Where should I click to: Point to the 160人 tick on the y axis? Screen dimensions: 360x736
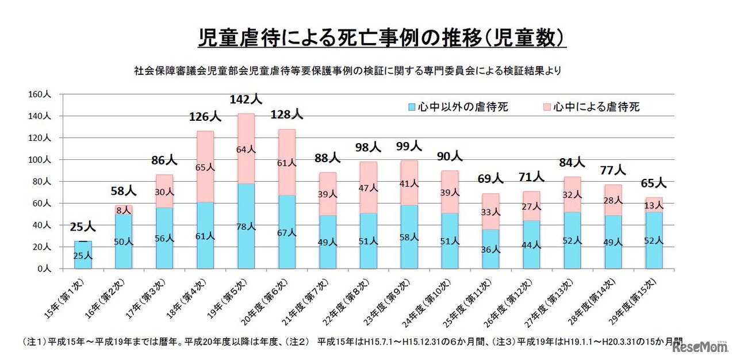(40, 94)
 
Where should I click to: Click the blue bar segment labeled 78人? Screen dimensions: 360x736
(246, 226)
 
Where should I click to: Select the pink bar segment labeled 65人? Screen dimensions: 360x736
(205, 167)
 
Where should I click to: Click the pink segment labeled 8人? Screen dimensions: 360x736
(124, 210)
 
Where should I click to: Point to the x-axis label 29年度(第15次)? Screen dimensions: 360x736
(639, 302)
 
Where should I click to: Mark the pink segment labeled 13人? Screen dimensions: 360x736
(654, 205)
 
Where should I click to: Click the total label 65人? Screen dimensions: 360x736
(654, 183)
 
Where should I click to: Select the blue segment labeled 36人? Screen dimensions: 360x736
(491, 249)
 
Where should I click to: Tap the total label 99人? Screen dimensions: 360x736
(409, 147)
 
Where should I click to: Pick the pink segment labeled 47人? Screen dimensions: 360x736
(369, 187)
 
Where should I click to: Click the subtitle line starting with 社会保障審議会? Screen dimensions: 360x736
(347, 71)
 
